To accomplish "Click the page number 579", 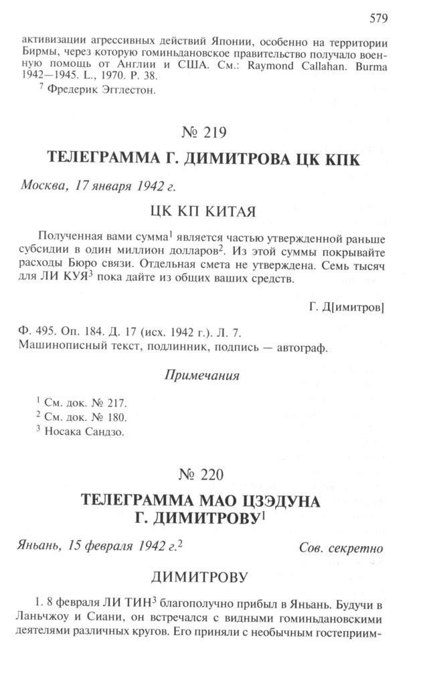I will point(379,17).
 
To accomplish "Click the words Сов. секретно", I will point(341,550).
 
